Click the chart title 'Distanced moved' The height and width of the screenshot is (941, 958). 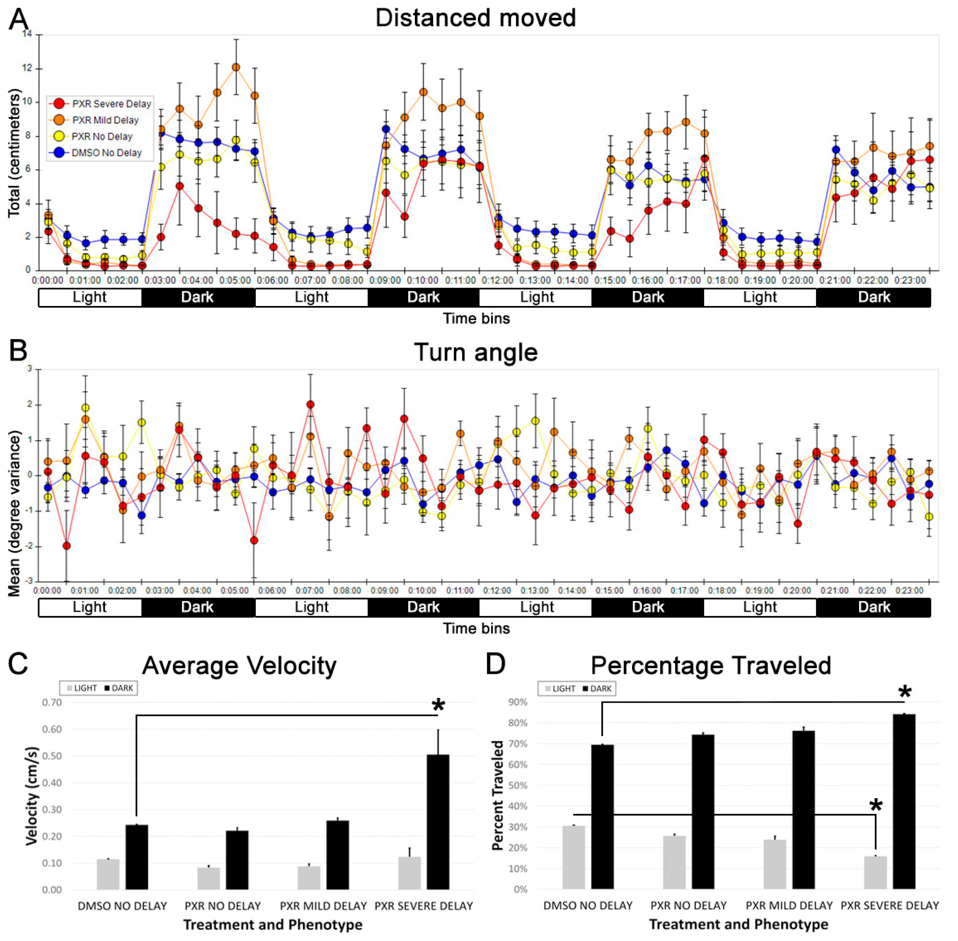click(x=475, y=18)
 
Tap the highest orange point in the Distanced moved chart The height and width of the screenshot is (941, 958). click(x=236, y=67)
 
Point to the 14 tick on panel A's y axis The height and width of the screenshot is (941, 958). click(x=27, y=34)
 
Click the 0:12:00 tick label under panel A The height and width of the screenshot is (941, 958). click(x=497, y=280)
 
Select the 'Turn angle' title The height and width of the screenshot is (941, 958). click(x=475, y=352)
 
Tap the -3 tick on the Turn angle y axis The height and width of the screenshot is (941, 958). click(x=29, y=581)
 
